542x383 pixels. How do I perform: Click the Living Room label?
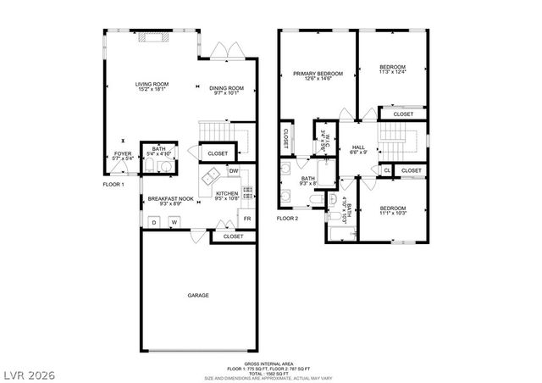[x=152, y=84]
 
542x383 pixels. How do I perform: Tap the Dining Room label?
[x=226, y=88]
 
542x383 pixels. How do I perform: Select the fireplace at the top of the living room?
[x=152, y=36]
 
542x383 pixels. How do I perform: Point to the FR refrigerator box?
[x=246, y=219]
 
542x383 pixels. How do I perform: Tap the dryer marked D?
[x=154, y=222]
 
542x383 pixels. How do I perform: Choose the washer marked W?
[x=174, y=222]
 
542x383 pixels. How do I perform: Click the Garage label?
[x=198, y=295]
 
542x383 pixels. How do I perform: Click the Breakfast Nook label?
[x=170, y=199]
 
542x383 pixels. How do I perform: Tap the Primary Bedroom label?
[x=311, y=73]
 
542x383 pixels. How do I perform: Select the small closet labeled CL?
[x=386, y=170]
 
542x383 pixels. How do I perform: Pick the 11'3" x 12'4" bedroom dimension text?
[x=392, y=73]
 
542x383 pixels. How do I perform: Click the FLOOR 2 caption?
[x=288, y=219]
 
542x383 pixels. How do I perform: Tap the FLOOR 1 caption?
[x=113, y=184]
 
